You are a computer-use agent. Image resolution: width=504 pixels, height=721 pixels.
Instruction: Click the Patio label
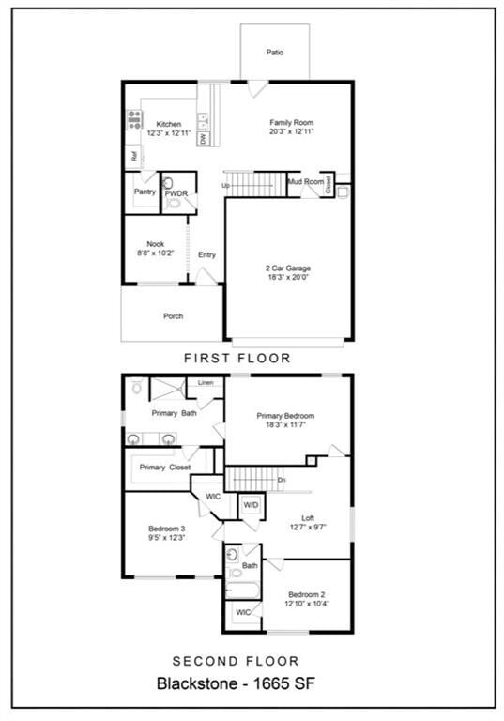pyautogui.click(x=274, y=53)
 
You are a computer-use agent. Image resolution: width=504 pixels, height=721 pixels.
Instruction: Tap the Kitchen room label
pyautogui.click(x=169, y=124)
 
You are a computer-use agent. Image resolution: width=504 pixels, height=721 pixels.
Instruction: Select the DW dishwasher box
pyautogui.click(x=203, y=138)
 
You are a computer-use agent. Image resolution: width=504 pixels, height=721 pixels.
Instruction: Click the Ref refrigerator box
pyautogui.click(x=135, y=158)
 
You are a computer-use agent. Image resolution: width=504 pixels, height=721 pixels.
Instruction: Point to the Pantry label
pyautogui.click(x=145, y=192)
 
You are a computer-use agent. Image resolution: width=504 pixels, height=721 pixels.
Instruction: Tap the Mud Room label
pyautogui.click(x=306, y=181)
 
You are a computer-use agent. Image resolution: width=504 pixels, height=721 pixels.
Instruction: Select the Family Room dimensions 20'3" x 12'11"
pyautogui.click(x=291, y=132)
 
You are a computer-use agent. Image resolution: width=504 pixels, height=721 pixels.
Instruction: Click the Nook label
pyautogui.click(x=155, y=244)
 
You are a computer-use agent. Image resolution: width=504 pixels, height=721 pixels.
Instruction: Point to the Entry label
pyautogui.click(x=206, y=254)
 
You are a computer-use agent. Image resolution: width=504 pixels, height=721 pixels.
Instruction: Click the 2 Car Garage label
pyautogui.click(x=287, y=268)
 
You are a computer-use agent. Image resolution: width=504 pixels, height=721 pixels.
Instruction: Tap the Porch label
pyautogui.click(x=173, y=316)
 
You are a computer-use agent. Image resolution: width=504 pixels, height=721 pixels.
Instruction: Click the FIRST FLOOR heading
pyautogui.click(x=237, y=358)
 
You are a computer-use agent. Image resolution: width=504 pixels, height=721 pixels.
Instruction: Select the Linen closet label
pyautogui.click(x=206, y=383)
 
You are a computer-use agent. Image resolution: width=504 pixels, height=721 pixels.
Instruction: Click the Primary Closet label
pyautogui.click(x=164, y=467)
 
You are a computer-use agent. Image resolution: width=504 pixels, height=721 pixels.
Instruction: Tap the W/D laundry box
pyautogui.click(x=251, y=505)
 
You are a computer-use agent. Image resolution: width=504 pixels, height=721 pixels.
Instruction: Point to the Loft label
pyautogui.click(x=308, y=517)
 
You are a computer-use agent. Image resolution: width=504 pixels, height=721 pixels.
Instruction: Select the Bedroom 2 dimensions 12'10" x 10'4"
pyautogui.click(x=307, y=605)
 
